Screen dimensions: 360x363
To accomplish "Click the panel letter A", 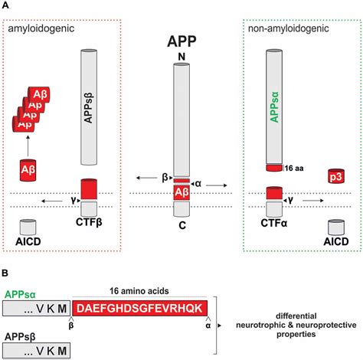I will pyautogui.click(x=6, y=7).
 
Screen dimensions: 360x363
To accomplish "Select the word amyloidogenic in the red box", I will pyautogui.click(x=38, y=30).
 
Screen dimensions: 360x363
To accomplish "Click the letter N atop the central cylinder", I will pyautogui.click(x=182, y=57).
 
